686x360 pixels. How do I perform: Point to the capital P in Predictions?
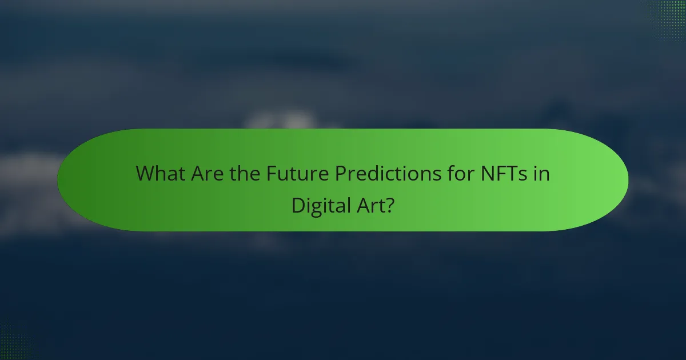(341, 173)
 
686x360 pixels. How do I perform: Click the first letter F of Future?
(271, 173)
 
